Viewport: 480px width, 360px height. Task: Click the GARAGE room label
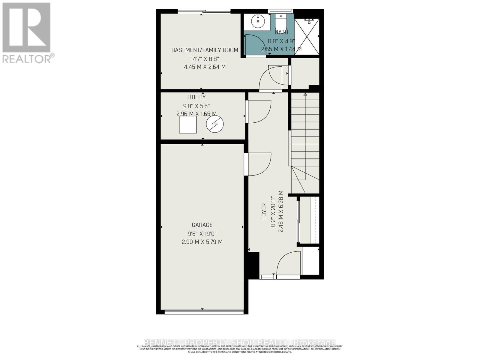(202, 225)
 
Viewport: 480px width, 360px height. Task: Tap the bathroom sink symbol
(257, 21)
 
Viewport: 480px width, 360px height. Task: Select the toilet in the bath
(281, 21)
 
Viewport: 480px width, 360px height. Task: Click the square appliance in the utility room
(188, 124)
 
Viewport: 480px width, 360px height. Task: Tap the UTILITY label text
(196, 97)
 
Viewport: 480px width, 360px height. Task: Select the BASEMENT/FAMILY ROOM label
(205, 50)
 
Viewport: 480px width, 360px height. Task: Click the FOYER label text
(264, 211)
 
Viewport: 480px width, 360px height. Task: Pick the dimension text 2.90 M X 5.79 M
(202, 242)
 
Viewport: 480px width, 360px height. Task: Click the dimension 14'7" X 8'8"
(205, 59)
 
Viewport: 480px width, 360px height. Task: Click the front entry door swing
(289, 263)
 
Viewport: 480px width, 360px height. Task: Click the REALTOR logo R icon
(26, 28)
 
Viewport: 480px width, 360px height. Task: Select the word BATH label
(281, 32)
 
